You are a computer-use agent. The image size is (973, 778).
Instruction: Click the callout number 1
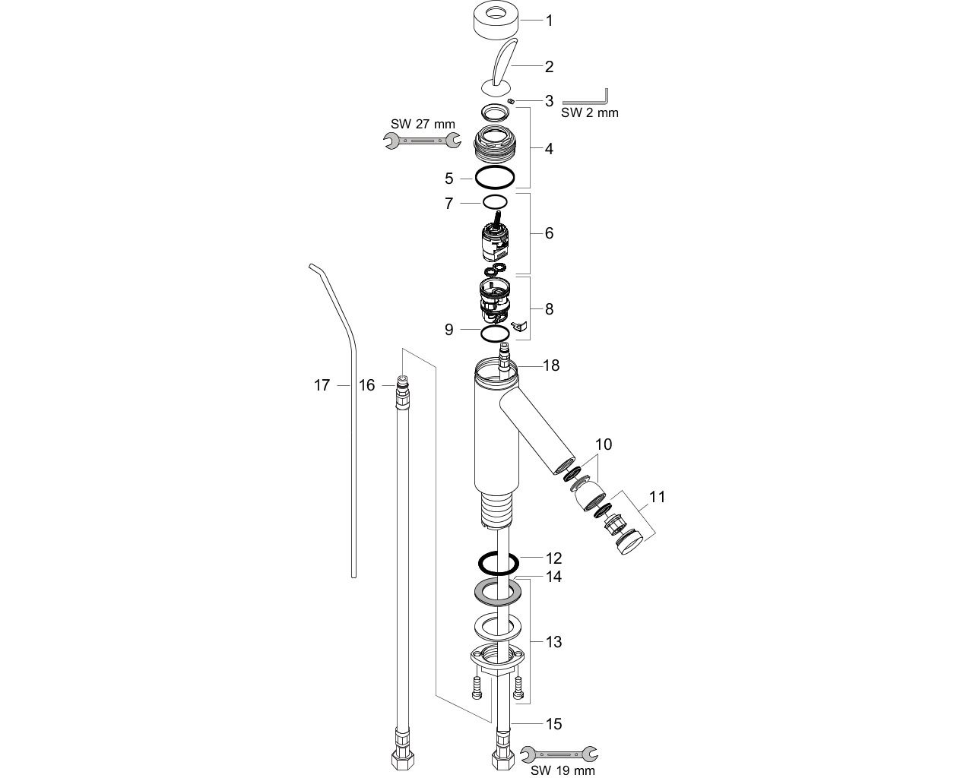pos(550,21)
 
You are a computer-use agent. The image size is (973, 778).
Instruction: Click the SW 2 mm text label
pos(590,112)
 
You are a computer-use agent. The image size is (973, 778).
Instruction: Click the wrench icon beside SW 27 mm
pos(423,141)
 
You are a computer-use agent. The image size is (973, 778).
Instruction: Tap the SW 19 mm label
pos(563,770)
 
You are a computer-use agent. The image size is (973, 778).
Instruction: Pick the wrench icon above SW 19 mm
pos(559,754)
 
